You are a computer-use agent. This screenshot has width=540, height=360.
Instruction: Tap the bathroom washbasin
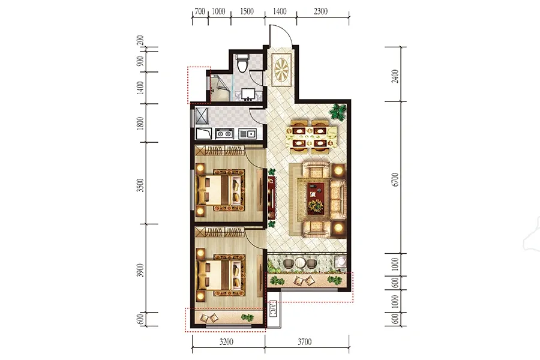tap(248, 94)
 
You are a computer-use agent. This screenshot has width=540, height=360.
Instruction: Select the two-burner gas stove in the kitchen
tap(224, 133)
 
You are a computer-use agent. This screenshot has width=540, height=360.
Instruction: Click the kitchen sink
tap(248, 133)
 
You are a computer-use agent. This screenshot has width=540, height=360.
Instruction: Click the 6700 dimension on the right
tap(395, 180)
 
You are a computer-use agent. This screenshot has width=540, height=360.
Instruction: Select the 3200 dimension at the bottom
tap(226, 342)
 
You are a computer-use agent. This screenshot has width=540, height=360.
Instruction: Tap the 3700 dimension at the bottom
tap(304, 342)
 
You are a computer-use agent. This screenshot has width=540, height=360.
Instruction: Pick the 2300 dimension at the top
tap(320, 11)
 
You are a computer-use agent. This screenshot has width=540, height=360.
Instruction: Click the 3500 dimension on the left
tap(140, 185)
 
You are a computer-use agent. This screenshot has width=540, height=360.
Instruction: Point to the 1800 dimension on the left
tap(140, 124)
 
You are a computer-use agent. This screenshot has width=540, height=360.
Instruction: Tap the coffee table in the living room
tap(316, 198)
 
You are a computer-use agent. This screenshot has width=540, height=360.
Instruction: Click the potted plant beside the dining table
tap(337, 112)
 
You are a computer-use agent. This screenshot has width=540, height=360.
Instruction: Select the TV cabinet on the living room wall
tap(272, 197)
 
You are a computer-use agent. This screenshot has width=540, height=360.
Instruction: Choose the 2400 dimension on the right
tap(395, 76)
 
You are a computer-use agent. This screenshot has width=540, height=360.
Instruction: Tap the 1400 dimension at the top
tap(280, 11)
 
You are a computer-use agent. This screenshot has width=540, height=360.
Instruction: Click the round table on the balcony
tap(301, 263)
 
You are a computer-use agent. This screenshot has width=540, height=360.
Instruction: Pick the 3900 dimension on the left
tap(140, 271)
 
